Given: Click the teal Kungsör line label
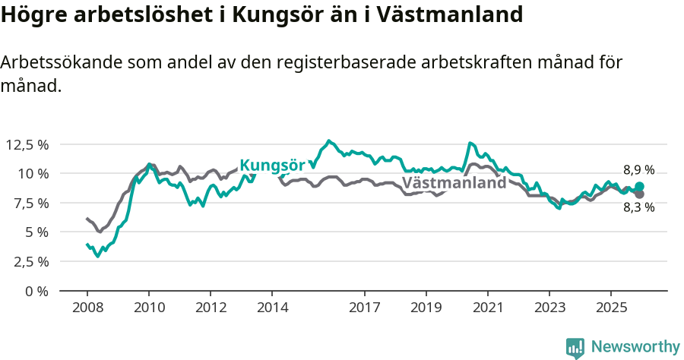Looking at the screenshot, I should (x=272, y=166).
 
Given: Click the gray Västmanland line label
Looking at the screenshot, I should (x=454, y=183).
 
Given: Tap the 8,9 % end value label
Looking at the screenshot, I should (x=638, y=170).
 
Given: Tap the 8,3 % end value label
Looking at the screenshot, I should (x=638, y=207).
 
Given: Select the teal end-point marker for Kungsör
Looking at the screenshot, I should (x=640, y=186).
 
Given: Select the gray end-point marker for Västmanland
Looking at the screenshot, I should (x=640, y=194).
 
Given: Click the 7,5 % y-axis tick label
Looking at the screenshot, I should (x=30, y=203).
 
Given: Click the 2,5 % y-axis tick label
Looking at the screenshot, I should (x=30, y=261).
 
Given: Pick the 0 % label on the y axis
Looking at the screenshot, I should (x=37, y=291).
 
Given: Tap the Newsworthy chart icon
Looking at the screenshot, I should (x=575, y=348).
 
